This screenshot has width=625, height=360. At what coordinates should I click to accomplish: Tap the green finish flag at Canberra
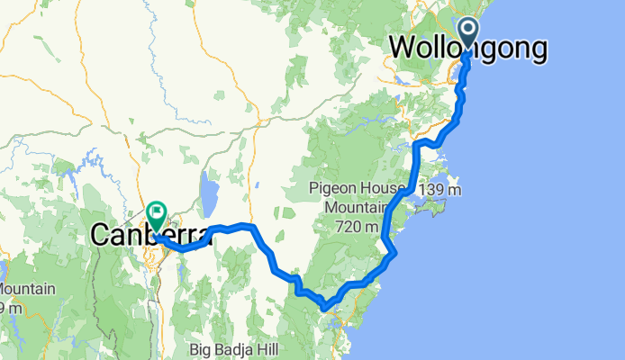coord(157,216)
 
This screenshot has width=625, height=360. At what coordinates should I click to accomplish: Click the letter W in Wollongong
coord(403,49)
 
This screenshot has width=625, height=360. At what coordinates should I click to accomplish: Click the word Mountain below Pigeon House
coord(340,208)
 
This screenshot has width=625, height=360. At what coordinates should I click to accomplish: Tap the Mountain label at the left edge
coord(27,291)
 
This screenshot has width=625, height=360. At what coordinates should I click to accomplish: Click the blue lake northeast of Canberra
coord(210,193)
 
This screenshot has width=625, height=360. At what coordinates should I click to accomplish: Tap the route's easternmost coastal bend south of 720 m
coord(395,254)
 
